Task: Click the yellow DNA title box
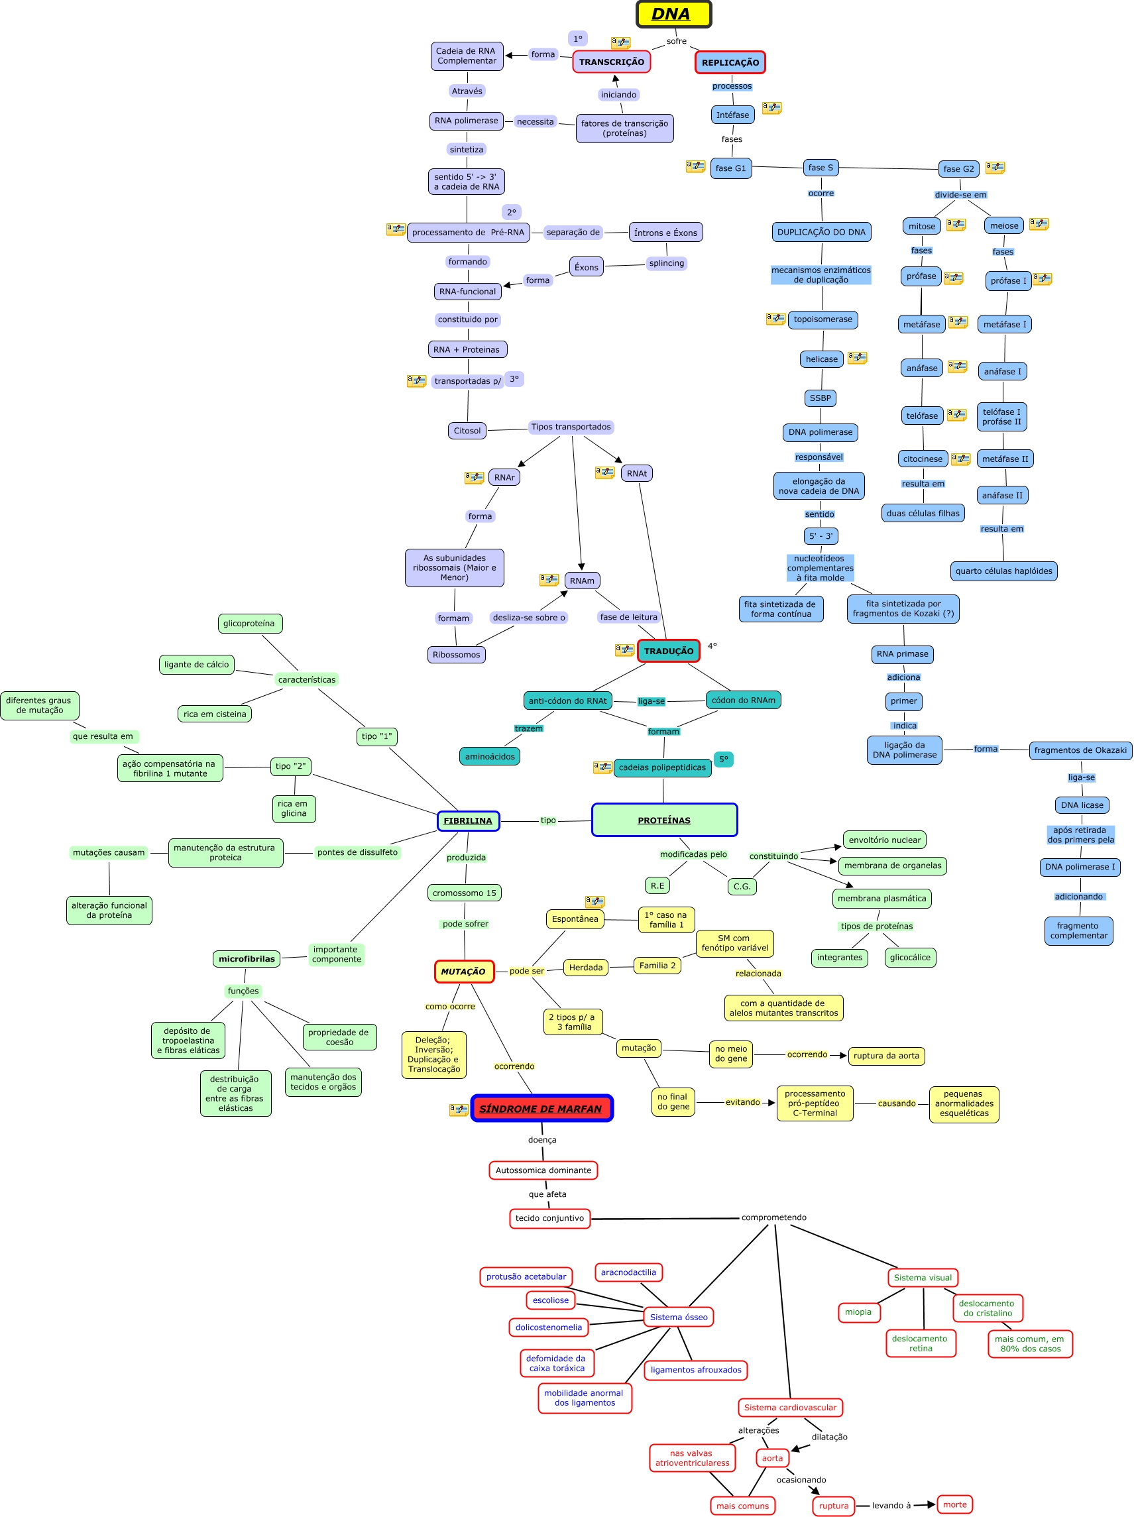pyautogui.click(x=673, y=15)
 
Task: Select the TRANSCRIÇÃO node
pyautogui.click(x=610, y=62)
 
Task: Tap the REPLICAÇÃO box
pyautogui.click(x=729, y=62)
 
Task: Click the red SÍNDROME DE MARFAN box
pyautogui.click(x=541, y=1108)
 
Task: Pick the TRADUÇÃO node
pyautogui.click(x=668, y=651)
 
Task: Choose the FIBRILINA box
pyautogui.click(x=468, y=820)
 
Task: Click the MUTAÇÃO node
pyautogui.click(x=463, y=971)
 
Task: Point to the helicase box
pyautogui.click(x=821, y=359)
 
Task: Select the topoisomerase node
pyautogui.click(x=822, y=319)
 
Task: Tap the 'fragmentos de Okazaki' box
pyautogui.click(x=1080, y=750)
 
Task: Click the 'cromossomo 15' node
pyautogui.click(x=465, y=893)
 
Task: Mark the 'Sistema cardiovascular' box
pyautogui.click(x=789, y=1407)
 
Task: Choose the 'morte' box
pyautogui.click(x=954, y=1504)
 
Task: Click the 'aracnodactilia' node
pyautogui.click(x=628, y=1272)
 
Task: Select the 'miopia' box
pyautogui.click(x=858, y=1312)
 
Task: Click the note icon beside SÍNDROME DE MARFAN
pyautogui.click(x=458, y=1109)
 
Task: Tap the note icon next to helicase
pyautogui.click(x=857, y=357)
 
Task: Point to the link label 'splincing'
pyautogui.click(x=666, y=262)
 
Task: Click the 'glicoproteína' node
pyautogui.click(x=249, y=624)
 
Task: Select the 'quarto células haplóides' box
pyautogui.click(x=1003, y=571)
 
